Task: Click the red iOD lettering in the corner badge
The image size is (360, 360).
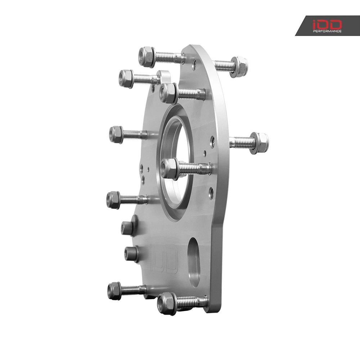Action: [327, 24]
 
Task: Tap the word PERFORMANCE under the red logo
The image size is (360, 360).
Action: [327, 31]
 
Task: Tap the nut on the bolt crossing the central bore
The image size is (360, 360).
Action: [169, 168]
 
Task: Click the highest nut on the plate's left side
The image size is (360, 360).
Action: [147, 57]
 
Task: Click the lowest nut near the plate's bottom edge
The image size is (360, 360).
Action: [167, 303]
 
